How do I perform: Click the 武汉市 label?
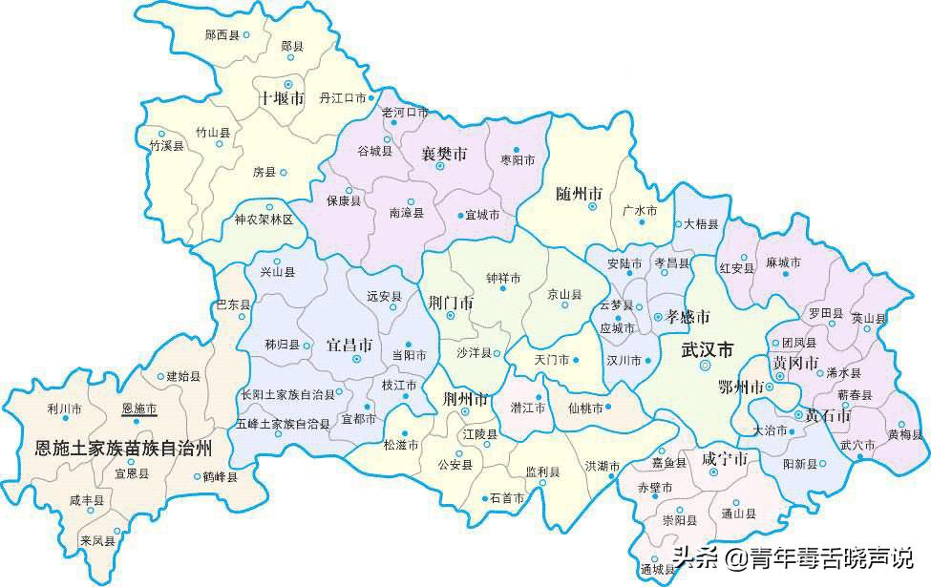pos(708,350)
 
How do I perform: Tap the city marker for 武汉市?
pos(705,366)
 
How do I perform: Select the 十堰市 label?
pos(282,98)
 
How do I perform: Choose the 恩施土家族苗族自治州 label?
pos(123,447)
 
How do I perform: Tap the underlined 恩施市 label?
pos(139,409)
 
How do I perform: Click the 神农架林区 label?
pos(264,220)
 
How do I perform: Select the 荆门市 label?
pos(451,303)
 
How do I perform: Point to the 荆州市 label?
pos(466,398)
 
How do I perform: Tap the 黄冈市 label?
pos(795,363)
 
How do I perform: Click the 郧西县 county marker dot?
pos(245,34)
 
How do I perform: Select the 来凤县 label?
pos(98,540)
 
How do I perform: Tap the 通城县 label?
pos(657,570)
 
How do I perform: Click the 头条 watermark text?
pos(694,556)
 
